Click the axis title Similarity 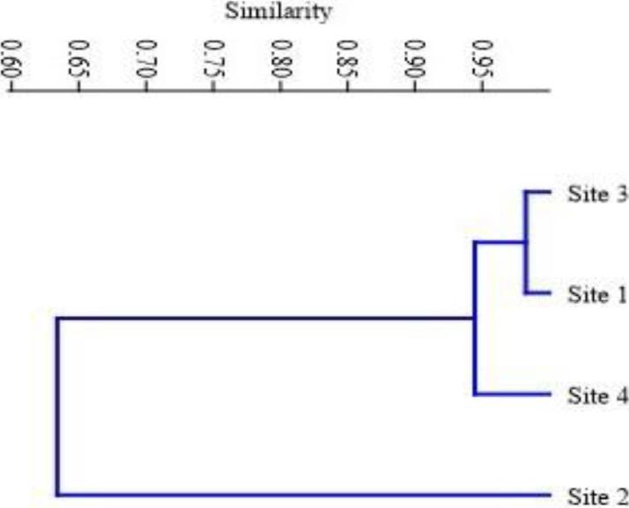[x=279, y=12]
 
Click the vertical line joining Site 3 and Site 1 [x=526, y=242]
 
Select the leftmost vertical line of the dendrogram [x=58, y=405]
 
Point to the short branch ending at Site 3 [x=538, y=191]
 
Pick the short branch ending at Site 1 [x=538, y=293]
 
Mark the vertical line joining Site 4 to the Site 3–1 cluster [x=475, y=317]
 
